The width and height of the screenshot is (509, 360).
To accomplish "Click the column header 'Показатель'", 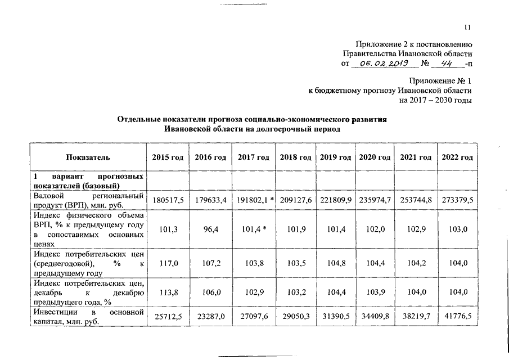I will pos(88,157).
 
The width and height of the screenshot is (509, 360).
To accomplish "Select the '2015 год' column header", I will pos(168,157).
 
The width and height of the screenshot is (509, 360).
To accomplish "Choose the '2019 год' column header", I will pos(336,157).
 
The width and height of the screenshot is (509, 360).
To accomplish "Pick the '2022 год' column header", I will pos(457,157).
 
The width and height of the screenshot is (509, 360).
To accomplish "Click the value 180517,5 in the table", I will pos(168,200).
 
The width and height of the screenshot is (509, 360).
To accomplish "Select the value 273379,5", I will pos(457,200).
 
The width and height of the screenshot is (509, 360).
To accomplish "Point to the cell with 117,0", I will pos(168,263).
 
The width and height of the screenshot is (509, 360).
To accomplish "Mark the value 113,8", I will pos(168,292).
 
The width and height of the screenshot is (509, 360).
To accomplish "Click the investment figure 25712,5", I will pos(168,318).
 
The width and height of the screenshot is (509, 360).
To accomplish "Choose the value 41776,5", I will pos(457,318).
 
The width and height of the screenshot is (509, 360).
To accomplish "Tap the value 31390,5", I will pos(336,318).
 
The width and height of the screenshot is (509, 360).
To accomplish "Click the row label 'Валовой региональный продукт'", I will pos(88,200).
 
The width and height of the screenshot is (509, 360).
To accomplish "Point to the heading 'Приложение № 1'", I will pos(440,81).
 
